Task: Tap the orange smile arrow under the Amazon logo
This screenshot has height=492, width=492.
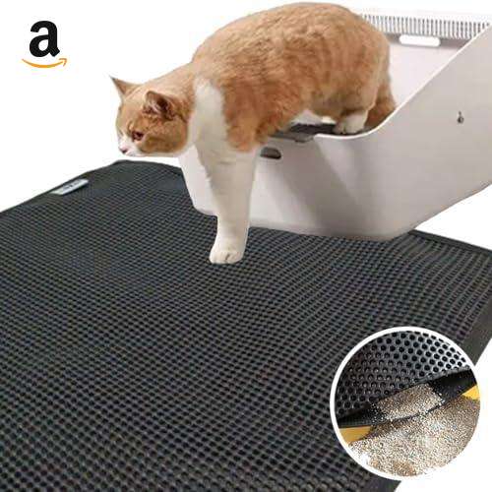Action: coord(44,63)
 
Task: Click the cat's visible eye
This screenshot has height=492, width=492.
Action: coord(137,135)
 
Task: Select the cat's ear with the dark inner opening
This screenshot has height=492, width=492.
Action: coord(159,103)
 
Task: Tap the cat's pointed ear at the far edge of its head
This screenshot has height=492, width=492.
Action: coord(119,86)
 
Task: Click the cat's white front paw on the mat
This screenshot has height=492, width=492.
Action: coord(227,255)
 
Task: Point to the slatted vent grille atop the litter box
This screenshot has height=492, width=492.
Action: coord(426,23)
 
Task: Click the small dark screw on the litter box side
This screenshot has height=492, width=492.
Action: coord(461,115)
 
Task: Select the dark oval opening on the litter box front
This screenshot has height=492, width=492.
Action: coord(272,154)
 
